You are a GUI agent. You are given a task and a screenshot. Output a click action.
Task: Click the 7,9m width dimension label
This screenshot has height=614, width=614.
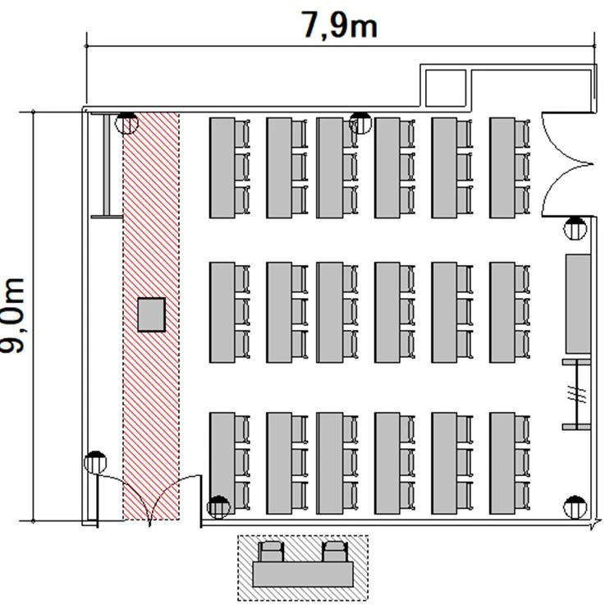tap(339, 25)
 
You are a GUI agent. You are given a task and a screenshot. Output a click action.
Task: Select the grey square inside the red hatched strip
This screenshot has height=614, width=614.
tap(151, 315)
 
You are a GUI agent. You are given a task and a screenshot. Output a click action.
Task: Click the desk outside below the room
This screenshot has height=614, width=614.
tap(303, 575)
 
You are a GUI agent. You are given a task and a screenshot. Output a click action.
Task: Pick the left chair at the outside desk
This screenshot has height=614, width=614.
tap(272, 552)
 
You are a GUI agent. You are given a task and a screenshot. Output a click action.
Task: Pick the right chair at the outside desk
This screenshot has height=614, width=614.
tap(335, 552)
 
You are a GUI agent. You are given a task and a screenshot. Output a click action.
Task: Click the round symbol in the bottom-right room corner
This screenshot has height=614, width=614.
tap(575, 507)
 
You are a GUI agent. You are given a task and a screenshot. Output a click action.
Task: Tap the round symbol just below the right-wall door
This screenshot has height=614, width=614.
tap(575, 228)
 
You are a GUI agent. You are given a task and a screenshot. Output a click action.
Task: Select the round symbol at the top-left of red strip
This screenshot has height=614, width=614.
tap(126, 123)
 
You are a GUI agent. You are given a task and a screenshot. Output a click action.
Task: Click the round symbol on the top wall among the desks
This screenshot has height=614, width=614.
tap(360, 123)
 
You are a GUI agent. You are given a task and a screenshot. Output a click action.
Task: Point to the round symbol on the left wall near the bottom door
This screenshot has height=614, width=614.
tap(95, 463)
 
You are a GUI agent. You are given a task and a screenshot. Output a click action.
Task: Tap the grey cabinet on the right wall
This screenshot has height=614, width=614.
tap(578, 304)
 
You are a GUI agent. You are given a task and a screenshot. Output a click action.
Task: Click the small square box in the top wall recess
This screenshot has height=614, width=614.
tap(446, 88)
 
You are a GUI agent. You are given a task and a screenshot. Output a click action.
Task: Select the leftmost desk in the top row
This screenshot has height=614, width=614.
tap(222, 168)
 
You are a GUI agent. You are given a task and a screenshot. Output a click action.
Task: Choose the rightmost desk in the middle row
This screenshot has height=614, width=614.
tap(502, 313)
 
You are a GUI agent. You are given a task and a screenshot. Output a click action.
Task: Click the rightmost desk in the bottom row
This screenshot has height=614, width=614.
tap(502, 463)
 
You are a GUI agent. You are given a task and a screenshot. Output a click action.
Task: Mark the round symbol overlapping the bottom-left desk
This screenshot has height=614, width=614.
tap(218, 507)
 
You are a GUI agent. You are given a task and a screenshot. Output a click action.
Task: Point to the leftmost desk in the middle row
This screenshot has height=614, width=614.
tap(222, 313)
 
